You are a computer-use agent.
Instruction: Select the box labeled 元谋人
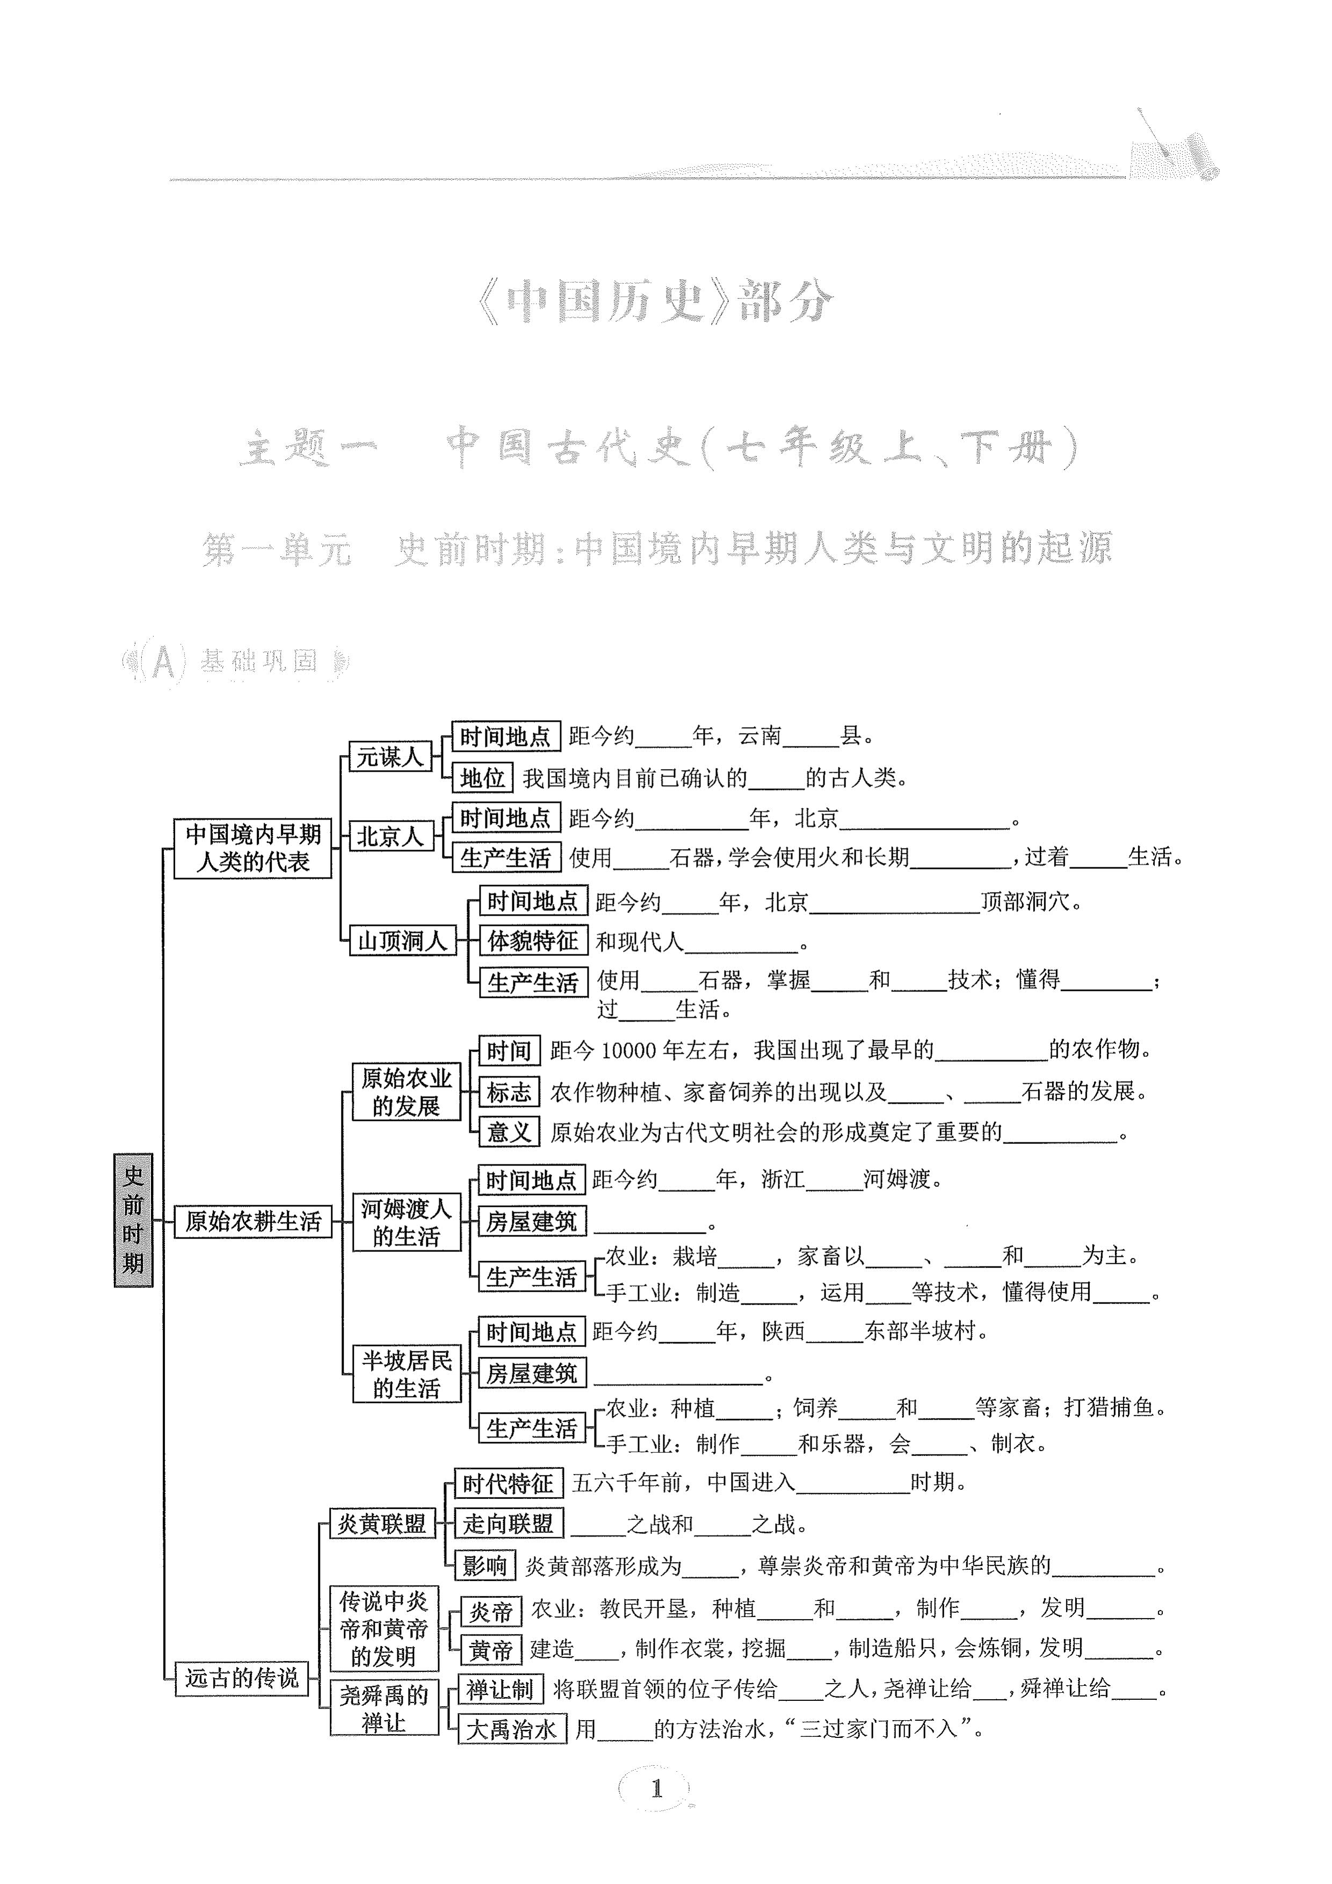point(389,756)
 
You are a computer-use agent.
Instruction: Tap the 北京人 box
point(390,836)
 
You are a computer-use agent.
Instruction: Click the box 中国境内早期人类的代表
point(253,847)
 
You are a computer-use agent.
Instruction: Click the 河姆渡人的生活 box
point(406,1222)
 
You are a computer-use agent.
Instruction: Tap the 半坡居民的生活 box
point(406,1374)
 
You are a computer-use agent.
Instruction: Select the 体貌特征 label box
point(533,940)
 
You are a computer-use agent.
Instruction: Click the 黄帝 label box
point(491,1649)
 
